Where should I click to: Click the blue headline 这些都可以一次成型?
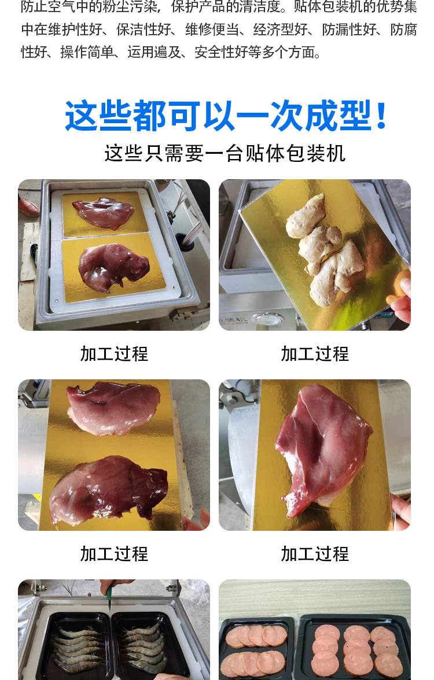(x=226, y=116)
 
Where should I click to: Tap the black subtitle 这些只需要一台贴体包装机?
(x=225, y=154)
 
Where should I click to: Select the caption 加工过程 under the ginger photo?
(x=315, y=354)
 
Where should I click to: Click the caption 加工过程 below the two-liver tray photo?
(x=114, y=354)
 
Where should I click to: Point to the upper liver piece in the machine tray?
(x=103, y=213)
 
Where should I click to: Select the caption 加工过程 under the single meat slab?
(x=315, y=554)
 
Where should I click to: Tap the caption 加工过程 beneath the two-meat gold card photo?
(x=114, y=554)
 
